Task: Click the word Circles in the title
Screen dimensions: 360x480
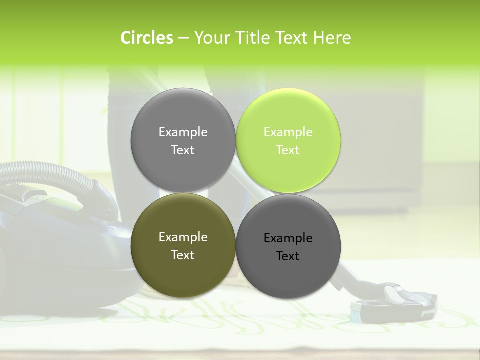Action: [x=146, y=38]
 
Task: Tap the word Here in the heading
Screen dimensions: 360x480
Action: [x=332, y=38]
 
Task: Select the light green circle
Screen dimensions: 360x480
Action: [x=288, y=140]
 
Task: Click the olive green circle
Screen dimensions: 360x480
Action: [x=183, y=246]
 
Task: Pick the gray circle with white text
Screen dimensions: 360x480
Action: [x=183, y=140]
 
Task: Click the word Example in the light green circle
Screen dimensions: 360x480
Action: [x=288, y=132]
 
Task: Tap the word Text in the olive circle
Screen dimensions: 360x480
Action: [x=183, y=255]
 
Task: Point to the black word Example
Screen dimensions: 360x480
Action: [x=288, y=238]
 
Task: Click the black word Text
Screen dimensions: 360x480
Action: [x=288, y=256]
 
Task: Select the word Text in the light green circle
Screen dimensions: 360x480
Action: [x=288, y=150]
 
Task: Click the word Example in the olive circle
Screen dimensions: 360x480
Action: [x=183, y=237]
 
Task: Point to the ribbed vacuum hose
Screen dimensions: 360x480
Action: [x=50, y=172]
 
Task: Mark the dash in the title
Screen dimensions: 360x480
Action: [x=183, y=38]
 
